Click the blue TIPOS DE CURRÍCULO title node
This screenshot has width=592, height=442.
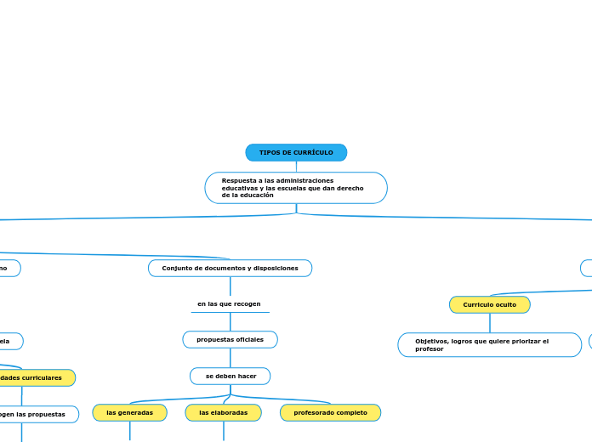pos(296,153)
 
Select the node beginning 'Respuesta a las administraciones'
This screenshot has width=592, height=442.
pos(295,188)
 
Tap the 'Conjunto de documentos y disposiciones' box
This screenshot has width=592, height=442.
pos(230,269)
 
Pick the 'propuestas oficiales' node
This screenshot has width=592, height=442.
pos(230,340)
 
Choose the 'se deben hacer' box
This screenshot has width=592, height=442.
pos(230,376)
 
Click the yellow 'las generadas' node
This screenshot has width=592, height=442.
pos(129,413)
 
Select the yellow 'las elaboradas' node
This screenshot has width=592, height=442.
pos(223,413)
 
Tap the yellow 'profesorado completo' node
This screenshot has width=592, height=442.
pos(330,413)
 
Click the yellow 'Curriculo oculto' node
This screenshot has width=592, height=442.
pos(489,304)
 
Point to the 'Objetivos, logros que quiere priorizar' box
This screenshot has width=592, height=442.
pos(489,344)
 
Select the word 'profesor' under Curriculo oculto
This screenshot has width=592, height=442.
pos(430,348)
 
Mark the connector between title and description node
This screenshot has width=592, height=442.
pos(296,167)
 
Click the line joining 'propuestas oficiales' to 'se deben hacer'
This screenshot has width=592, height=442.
pos(230,358)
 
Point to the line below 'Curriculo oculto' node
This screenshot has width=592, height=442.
pos(489,323)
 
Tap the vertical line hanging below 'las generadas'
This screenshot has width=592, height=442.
pos(130,431)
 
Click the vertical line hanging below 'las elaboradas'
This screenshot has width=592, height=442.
pos(223,431)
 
